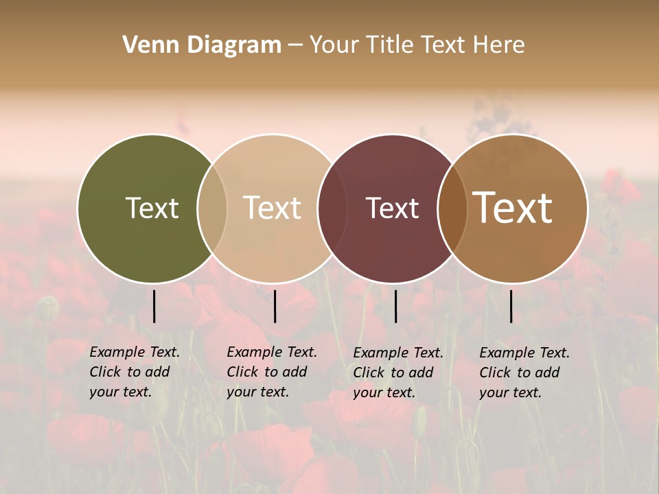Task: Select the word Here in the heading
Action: pyautogui.click(x=500, y=45)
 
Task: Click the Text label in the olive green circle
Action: pyautogui.click(x=152, y=208)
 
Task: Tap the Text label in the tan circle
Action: pyautogui.click(x=273, y=208)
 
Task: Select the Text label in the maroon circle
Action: pyautogui.click(x=392, y=208)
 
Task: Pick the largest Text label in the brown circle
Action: pyautogui.click(x=513, y=208)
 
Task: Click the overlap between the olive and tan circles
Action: pyautogui.click(x=212, y=209)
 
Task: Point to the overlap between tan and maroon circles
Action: pyautogui.click(x=332, y=209)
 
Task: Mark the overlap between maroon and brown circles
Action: pyautogui.click(x=452, y=209)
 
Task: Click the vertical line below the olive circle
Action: pyautogui.click(x=154, y=306)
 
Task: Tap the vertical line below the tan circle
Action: pyautogui.click(x=275, y=306)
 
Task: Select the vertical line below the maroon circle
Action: pyautogui.click(x=395, y=306)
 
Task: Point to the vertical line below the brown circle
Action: pyautogui.click(x=511, y=306)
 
